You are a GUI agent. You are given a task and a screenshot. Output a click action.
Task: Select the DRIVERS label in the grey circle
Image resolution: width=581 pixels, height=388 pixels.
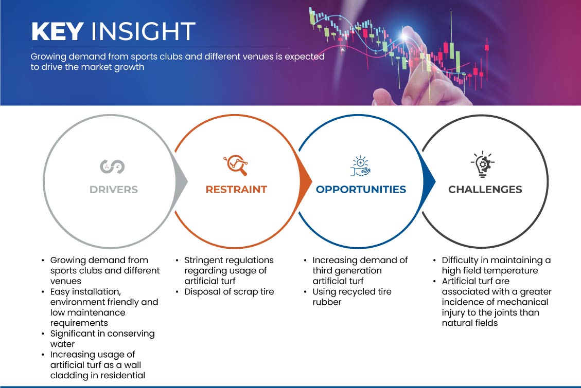114,190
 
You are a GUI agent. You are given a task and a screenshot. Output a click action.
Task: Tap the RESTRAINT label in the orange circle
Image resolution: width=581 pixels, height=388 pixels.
236,190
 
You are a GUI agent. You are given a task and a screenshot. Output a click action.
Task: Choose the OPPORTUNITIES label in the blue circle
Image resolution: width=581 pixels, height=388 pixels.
361,190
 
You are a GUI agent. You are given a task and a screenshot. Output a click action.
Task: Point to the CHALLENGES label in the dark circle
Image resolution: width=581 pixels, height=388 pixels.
485,190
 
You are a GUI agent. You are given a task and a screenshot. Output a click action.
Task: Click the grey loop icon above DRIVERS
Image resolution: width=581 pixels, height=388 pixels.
112,167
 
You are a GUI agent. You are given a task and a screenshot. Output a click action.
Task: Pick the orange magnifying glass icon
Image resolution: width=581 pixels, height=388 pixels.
236,165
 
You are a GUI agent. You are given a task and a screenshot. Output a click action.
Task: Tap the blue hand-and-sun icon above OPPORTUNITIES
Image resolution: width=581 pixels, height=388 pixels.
360,166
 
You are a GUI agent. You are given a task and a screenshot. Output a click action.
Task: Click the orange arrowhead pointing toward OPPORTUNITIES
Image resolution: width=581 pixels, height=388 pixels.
305,181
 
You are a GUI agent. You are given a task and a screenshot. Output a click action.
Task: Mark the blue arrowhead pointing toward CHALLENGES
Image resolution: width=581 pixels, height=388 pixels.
429,181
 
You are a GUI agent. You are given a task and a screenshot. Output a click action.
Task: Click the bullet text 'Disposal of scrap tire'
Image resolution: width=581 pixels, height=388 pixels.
229,291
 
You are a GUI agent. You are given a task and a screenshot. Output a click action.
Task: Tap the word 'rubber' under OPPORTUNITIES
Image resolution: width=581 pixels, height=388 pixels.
327,302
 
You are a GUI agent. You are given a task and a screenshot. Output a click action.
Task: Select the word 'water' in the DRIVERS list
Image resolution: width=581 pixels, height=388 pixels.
63,344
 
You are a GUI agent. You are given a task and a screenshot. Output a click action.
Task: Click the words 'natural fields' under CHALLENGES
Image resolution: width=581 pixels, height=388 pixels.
470,323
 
